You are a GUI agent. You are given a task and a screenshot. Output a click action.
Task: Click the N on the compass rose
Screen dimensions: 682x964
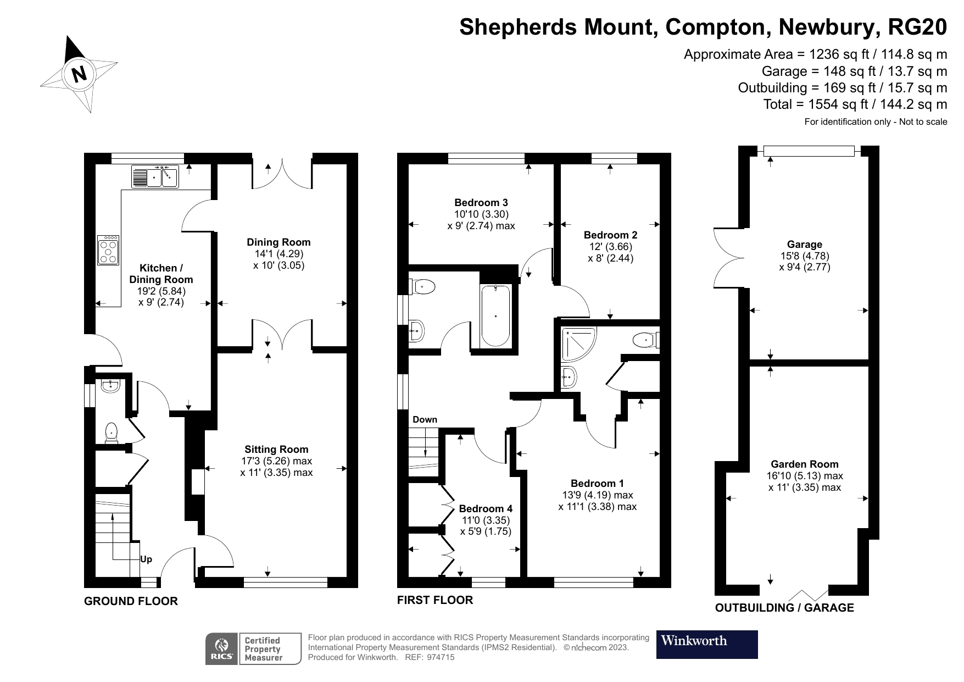pyautogui.click(x=80, y=73)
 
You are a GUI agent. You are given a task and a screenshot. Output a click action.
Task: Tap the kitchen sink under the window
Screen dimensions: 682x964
pyautogui.click(x=155, y=177)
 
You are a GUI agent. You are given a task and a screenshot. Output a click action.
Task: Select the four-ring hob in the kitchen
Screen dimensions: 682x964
pyautogui.click(x=108, y=250)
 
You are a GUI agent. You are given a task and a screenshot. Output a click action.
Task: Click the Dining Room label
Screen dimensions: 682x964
pyautogui.click(x=278, y=242)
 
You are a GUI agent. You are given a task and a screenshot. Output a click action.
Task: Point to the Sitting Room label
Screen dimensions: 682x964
pyautogui.click(x=276, y=449)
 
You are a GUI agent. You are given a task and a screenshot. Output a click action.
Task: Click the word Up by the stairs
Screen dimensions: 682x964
pyautogui.click(x=146, y=559)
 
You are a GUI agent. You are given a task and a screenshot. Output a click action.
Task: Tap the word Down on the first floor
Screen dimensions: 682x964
pyautogui.click(x=425, y=419)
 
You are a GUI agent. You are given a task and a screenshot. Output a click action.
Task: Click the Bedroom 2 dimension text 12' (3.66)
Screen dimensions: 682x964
pyautogui.click(x=610, y=247)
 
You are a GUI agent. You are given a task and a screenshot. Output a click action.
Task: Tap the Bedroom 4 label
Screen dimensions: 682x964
pyautogui.click(x=486, y=508)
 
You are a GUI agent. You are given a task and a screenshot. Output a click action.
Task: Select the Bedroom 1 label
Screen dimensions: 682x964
pyautogui.click(x=597, y=483)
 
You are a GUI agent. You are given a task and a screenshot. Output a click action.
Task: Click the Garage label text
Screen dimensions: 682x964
pyautogui.click(x=804, y=245)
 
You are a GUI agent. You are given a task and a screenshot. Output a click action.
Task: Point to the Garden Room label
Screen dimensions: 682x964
pyautogui.click(x=804, y=464)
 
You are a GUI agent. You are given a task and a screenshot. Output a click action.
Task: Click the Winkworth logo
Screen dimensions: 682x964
pyautogui.click(x=706, y=644)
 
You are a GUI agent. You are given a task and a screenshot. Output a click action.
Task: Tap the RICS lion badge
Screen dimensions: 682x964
pyautogui.click(x=222, y=648)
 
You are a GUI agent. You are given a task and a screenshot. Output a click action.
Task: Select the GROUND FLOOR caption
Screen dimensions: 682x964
pyautogui.click(x=131, y=601)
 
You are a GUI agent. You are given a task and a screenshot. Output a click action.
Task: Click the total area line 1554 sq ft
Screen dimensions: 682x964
pyautogui.click(x=855, y=104)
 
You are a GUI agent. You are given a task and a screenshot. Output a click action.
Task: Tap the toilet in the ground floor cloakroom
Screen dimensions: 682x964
pyautogui.click(x=112, y=432)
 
